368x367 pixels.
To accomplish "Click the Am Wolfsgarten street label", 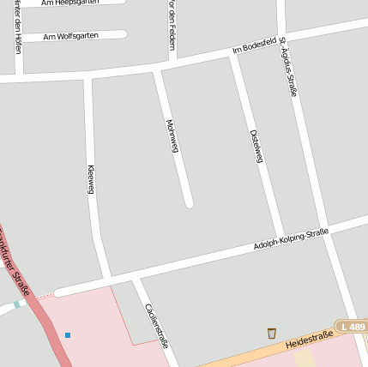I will click(x=70, y=36).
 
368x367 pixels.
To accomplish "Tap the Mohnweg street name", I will click(x=172, y=135).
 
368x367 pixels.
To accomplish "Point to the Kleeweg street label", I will click(x=90, y=178).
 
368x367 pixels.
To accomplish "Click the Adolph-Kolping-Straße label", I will click(x=291, y=239).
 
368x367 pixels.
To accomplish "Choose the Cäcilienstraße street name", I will click(x=156, y=325).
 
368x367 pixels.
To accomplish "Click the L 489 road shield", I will click(x=351, y=327).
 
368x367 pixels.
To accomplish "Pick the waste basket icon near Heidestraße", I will click(x=272, y=333).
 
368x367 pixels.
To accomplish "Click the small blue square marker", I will click(x=68, y=334).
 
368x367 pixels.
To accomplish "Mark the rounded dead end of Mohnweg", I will click(x=189, y=203).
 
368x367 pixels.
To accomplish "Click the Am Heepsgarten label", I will click(x=70, y=3).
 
